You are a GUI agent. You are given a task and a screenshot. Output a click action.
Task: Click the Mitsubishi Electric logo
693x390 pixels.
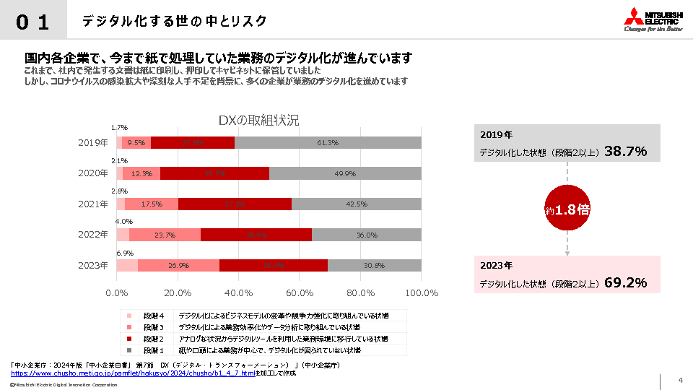click(x=653, y=20)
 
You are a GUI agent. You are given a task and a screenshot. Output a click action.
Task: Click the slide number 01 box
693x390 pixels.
click(x=33, y=22)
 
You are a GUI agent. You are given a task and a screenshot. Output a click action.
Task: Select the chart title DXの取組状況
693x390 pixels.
click(x=258, y=120)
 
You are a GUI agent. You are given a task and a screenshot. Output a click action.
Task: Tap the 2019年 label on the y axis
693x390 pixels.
click(x=93, y=142)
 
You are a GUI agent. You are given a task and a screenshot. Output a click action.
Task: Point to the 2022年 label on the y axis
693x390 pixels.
click(x=93, y=235)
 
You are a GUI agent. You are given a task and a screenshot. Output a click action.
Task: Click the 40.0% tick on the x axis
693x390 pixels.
click(x=238, y=292)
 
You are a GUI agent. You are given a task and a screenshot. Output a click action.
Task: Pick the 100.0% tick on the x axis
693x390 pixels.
click(x=422, y=292)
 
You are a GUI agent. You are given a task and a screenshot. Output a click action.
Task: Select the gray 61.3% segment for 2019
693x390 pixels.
click(x=328, y=142)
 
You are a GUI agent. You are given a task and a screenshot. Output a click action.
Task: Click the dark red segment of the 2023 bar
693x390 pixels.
click(x=273, y=265)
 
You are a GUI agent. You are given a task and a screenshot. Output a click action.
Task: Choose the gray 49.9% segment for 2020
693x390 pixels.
click(x=345, y=173)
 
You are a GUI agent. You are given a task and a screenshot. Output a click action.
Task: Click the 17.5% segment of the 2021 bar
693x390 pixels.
click(x=152, y=204)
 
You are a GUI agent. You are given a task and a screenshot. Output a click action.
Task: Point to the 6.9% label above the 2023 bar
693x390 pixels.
click(x=126, y=253)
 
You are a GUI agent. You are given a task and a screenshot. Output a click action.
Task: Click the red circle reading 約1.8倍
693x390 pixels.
click(x=567, y=210)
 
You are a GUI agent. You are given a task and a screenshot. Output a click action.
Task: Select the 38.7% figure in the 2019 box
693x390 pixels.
click(x=625, y=152)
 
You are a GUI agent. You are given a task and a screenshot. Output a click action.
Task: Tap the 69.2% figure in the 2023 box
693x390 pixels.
click(x=625, y=282)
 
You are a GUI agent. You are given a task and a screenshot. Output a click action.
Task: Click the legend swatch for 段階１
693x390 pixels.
click(x=129, y=350)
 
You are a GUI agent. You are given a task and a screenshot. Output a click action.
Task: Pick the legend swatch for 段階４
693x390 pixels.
click(x=129, y=316)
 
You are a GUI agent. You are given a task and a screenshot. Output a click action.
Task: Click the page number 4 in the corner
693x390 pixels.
click(x=680, y=381)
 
